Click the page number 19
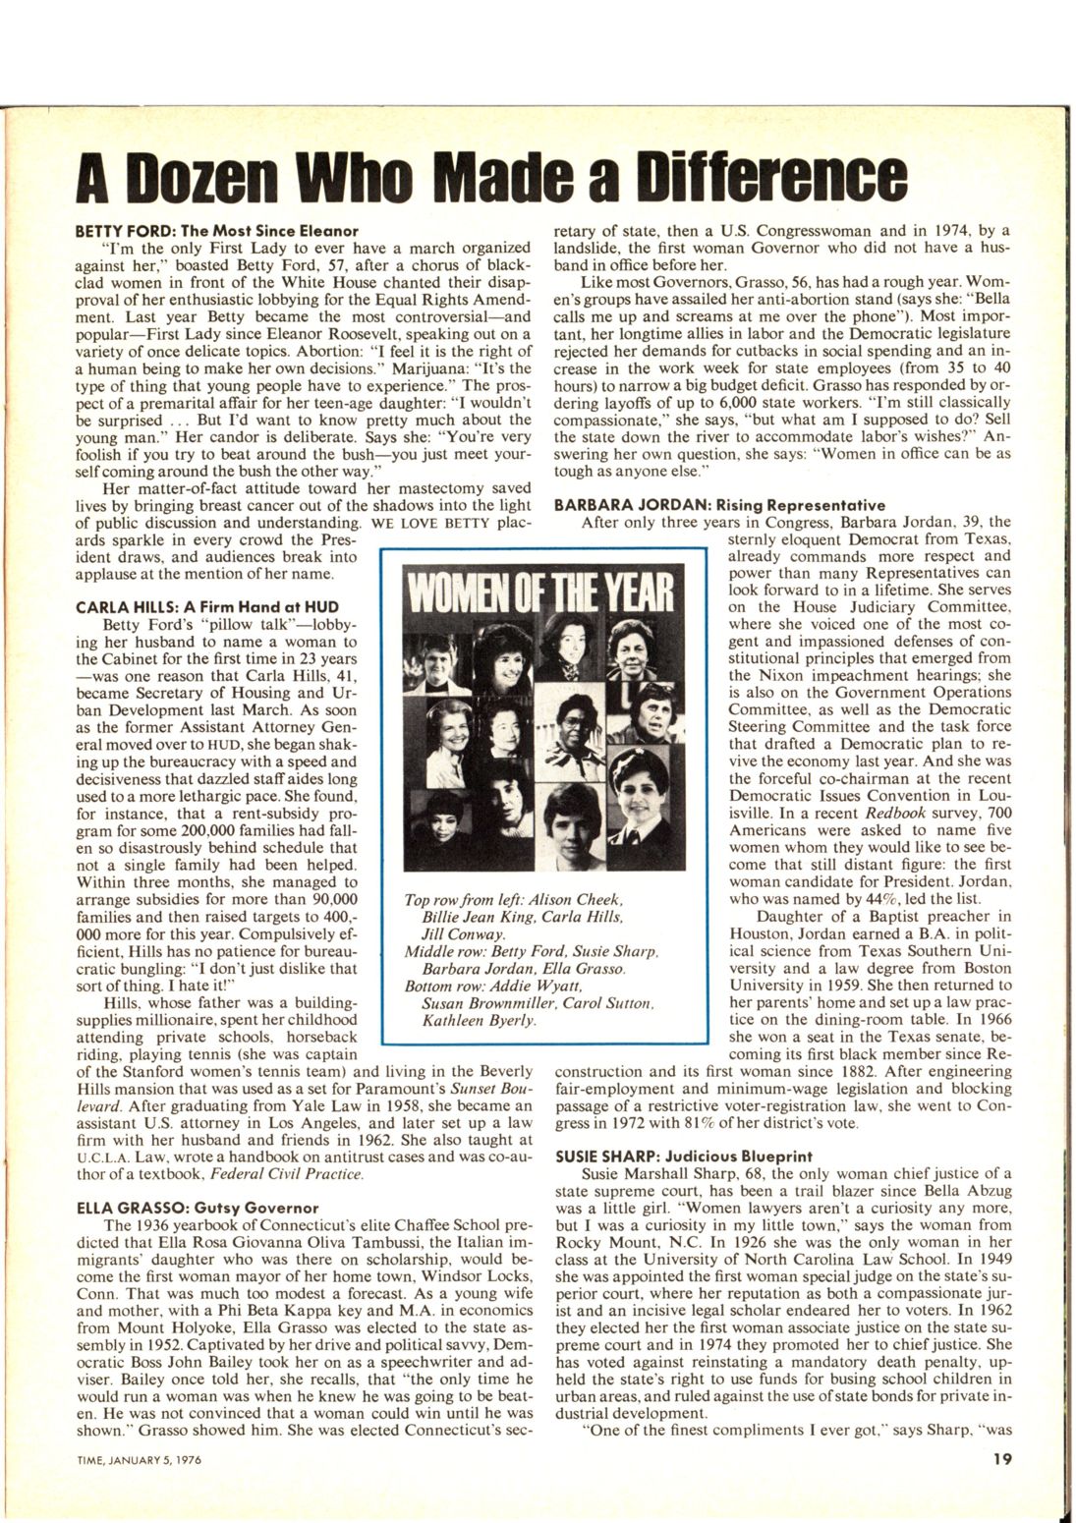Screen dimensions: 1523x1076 (1001, 1458)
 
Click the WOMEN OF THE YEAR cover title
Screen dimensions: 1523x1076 (545, 591)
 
